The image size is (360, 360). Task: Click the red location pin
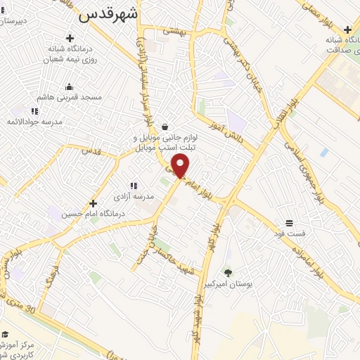(181, 166)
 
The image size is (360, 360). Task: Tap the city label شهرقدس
(108, 13)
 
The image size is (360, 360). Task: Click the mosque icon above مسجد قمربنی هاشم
(69, 87)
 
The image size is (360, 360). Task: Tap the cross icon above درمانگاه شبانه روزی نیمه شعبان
(69, 38)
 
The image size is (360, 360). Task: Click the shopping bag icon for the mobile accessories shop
(165, 127)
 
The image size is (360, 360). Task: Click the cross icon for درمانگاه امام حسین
(93, 203)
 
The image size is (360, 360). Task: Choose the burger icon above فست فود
(290, 223)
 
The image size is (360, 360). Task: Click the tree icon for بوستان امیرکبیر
(227, 272)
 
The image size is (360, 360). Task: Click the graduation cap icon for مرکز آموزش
(5, 334)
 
